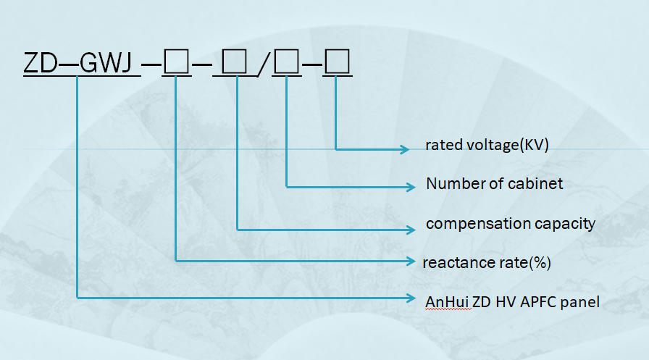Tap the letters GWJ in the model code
(106, 64)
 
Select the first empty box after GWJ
(176, 64)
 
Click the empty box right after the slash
(288, 64)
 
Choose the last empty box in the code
(338, 64)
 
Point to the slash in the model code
(264, 66)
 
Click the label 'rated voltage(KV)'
(487, 145)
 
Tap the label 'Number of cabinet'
(494, 184)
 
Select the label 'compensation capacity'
(510, 223)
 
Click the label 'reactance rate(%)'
(487, 262)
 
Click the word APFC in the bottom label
(538, 301)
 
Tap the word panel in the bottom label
(581, 301)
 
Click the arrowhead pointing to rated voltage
(406, 149)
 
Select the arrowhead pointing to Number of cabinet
(411, 187)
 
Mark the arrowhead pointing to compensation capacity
(411, 229)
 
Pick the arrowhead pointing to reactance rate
(409, 259)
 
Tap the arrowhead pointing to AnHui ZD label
(411, 297)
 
